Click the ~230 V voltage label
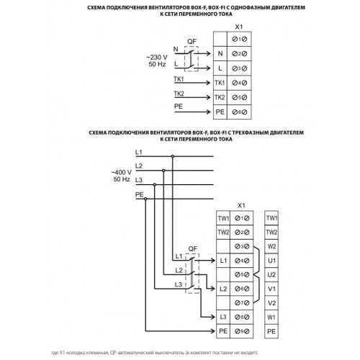pyautogui.click(x=157, y=58)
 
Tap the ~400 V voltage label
pyautogui.click(x=122, y=172)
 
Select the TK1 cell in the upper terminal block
pyautogui.click(x=220, y=83)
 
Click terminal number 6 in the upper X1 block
pyautogui.click(x=239, y=112)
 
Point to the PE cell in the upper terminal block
pyautogui.click(x=220, y=112)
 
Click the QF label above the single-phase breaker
pyautogui.click(x=192, y=42)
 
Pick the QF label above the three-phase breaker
pyautogui.click(x=193, y=249)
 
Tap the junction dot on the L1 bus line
pyautogui.click(x=173, y=156)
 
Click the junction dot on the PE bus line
pyautogui.click(x=145, y=199)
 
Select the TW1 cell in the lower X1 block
pyautogui.click(x=223, y=218)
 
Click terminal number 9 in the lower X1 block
pyautogui.click(x=242, y=331)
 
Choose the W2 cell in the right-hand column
pyautogui.click(x=271, y=246)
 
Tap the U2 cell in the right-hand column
pyautogui.click(x=271, y=274)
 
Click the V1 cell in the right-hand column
pyautogui.click(x=271, y=289)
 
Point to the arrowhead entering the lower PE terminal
pyautogui.click(x=212, y=331)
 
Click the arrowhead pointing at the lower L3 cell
pyautogui.click(x=212, y=317)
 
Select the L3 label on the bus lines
pyautogui.click(x=139, y=180)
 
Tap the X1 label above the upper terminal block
pyautogui.click(x=239, y=27)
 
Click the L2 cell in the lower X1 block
pyautogui.click(x=223, y=289)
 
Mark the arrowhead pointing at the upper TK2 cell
pyautogui.click(x=208, y=97)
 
